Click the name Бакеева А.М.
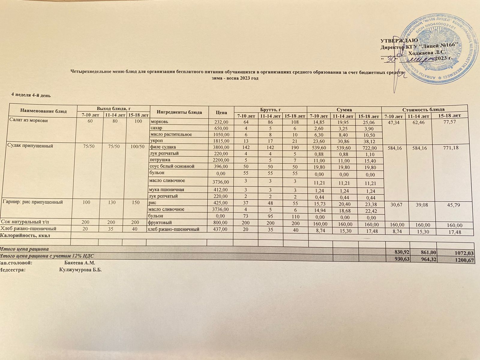[80, 263]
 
